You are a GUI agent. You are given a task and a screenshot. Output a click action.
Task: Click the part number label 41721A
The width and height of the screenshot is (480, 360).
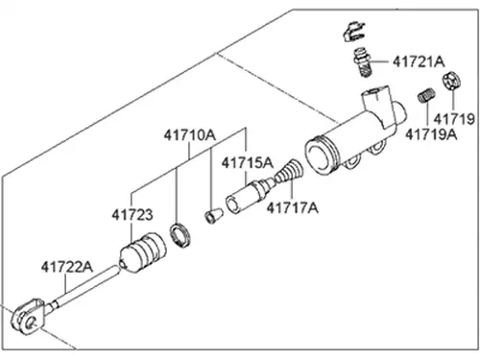pyautogui.click(x=419, y=61)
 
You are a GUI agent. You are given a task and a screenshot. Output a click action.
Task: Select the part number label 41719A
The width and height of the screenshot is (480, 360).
pyautogui.click(x=431, y=134)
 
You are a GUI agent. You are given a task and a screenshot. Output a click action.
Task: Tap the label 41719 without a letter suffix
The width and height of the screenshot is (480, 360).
pyautogui.click(x=454, y=119)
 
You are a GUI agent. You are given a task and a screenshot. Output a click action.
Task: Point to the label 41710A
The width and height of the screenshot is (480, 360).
pyautogui.click(x=190, y=135)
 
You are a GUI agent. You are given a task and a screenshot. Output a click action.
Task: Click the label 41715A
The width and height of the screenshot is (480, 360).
pyautogui.click(x=248, y=163)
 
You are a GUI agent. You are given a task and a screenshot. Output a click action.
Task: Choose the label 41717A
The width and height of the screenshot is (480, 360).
pyautogui.click(x=293, y=208)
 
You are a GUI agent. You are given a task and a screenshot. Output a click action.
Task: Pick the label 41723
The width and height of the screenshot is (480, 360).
pyautogui.click(x=132, y=215)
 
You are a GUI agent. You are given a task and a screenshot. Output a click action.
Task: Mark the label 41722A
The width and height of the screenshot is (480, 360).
pyautogui.click(x=67, y=267)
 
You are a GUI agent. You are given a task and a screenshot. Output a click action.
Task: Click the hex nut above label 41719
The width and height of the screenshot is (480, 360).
pyautogui.click(x=452, y=81)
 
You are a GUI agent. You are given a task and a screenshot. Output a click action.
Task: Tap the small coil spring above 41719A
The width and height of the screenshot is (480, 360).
pyautogui.click(x=426, y=95)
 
